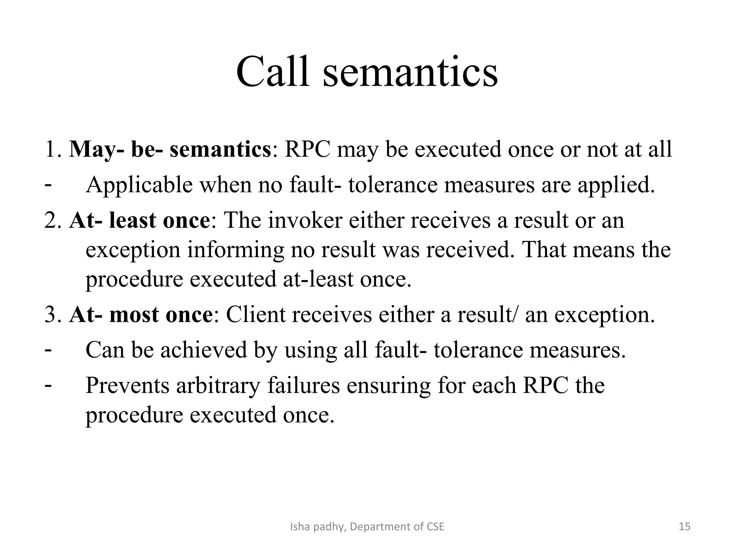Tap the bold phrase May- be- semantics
pos(170,149)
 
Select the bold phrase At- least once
pos(139,220)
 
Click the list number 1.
pos(51,149)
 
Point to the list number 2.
pos(51,220)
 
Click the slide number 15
pos(685,527)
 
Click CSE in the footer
pos(435,527)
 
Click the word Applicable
pos(139,185)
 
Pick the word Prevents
pos(127,386)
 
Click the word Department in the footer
pos(380,527)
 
